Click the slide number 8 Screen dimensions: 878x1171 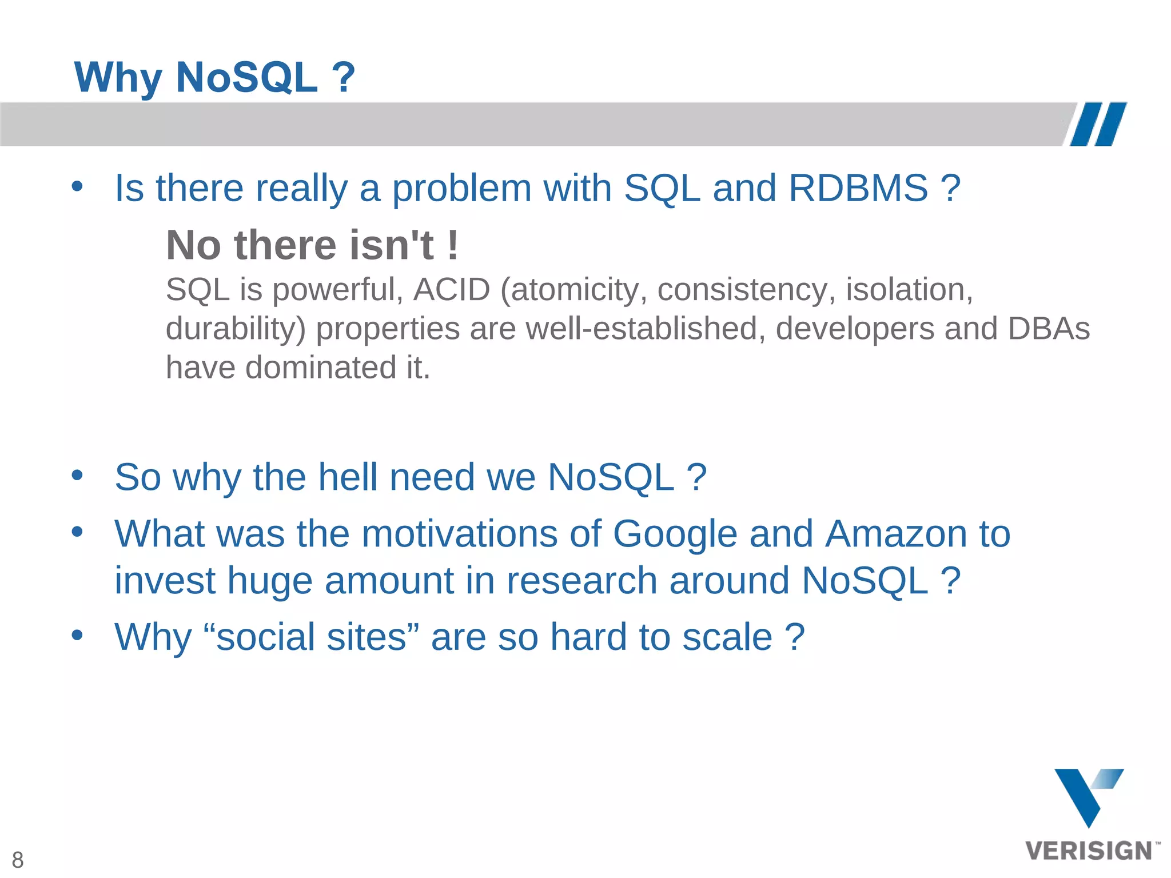coord(18,860)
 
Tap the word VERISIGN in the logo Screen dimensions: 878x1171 coord(1089,851)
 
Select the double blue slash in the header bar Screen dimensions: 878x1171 coord(1098,124)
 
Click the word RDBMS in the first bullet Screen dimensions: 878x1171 coord(858,188)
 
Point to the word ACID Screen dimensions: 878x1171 coord(452,289)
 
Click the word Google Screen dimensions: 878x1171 coord(675,534)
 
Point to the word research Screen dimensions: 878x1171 coord(581,581)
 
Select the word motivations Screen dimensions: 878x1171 coord(459,534)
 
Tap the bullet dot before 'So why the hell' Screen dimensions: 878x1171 coord(77,475)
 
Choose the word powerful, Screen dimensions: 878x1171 coord(338,289)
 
